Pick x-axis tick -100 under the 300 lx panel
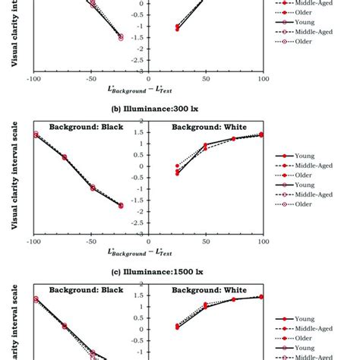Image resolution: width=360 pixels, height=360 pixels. pyautogui.click(x=33, y=242)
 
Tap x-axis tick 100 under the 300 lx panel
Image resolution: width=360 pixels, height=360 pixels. pyautogui.click(x=263, y=242)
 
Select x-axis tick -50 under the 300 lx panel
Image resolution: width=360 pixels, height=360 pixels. pyautogui.click(x=90, y=242)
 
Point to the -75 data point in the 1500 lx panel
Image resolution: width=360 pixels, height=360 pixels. pyautogui.click(x=64, y=325)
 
